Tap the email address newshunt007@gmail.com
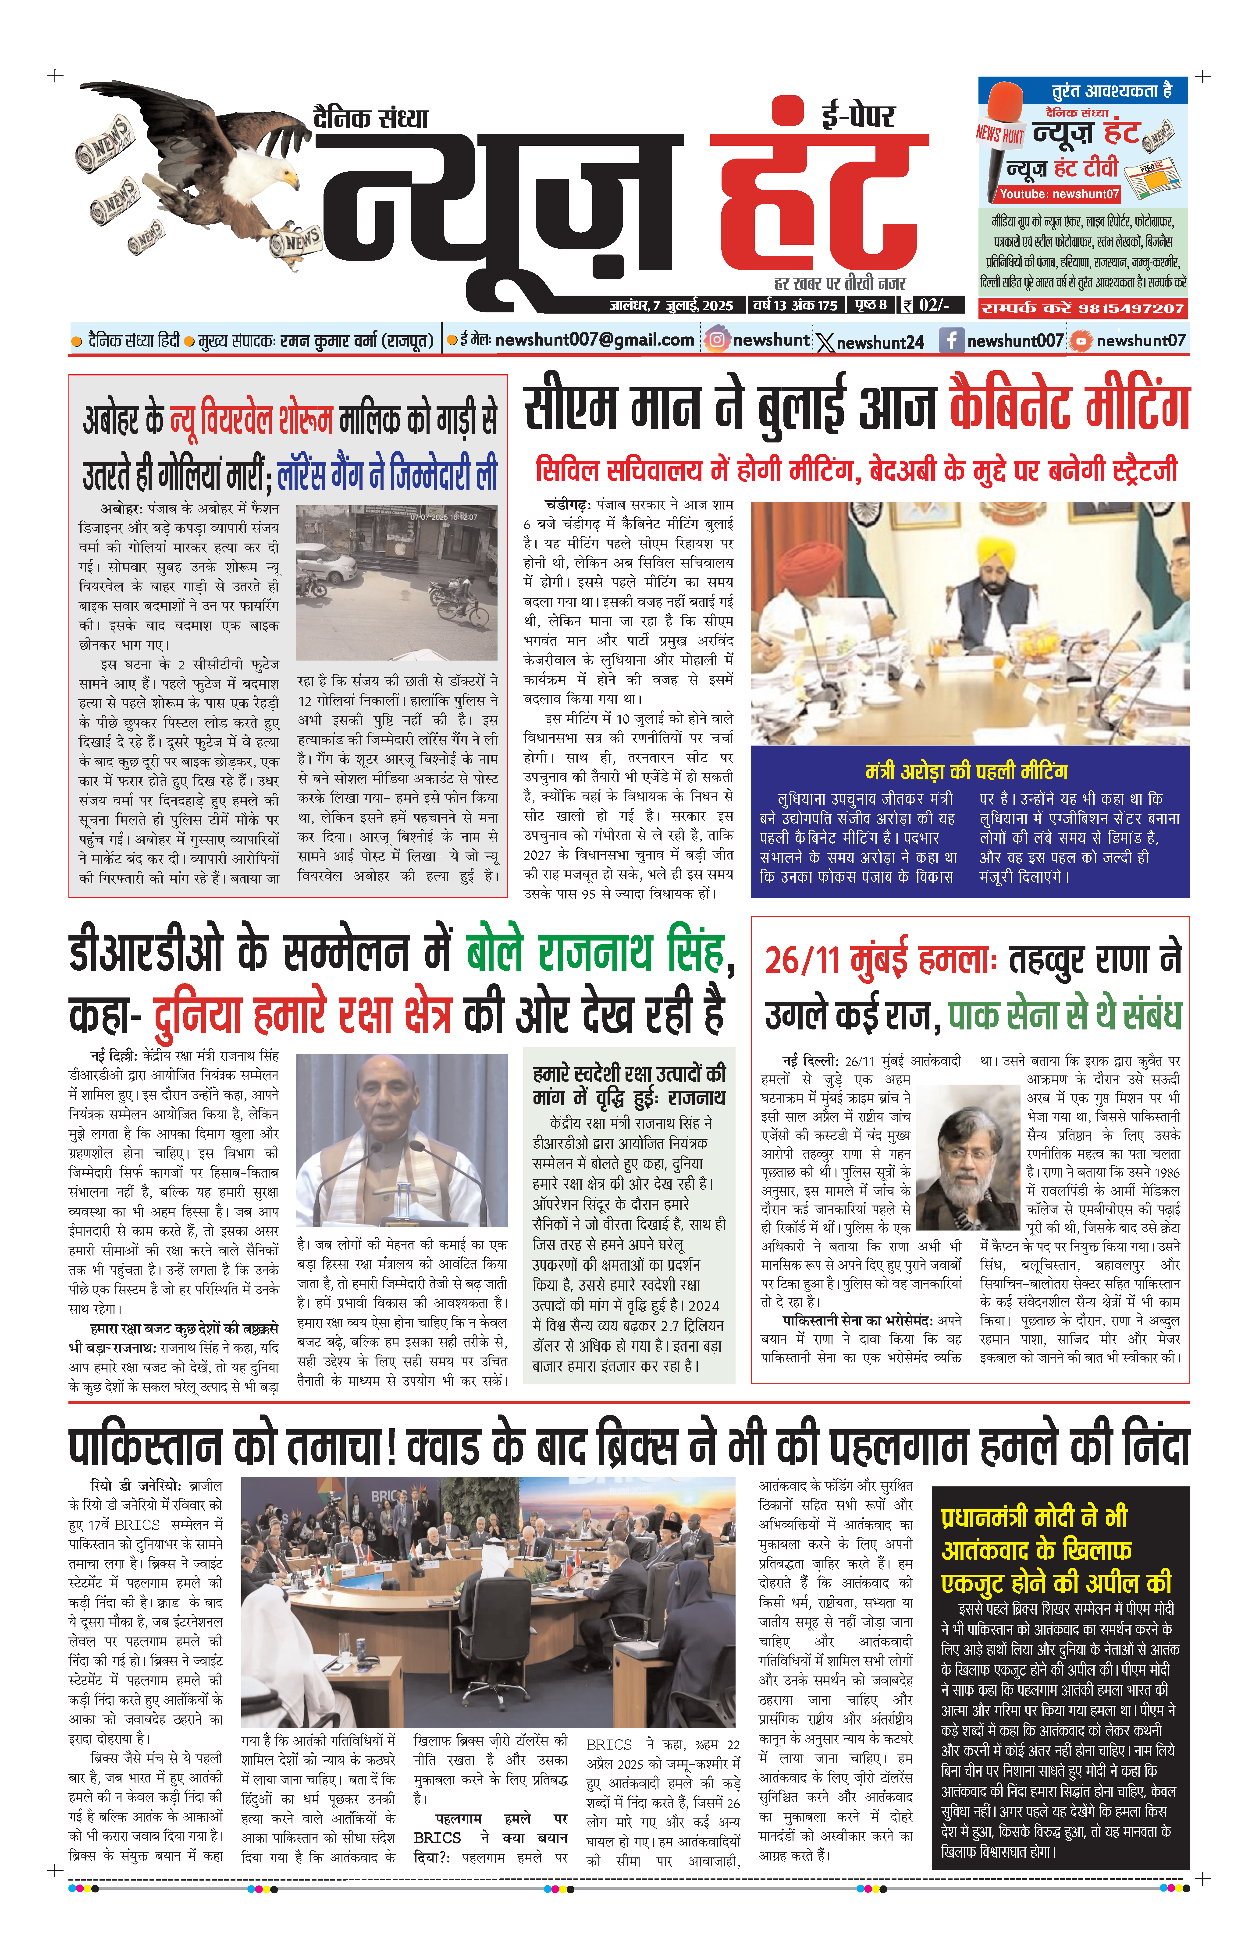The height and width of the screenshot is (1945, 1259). click(594, 340)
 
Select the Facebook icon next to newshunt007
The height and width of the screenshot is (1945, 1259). click(951, 340)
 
